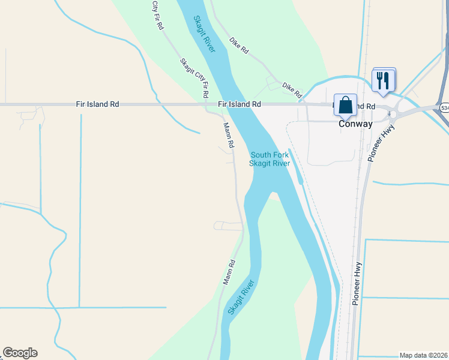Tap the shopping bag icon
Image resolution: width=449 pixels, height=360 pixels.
(345, 105)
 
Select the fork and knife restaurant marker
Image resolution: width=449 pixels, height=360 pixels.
(383, 79)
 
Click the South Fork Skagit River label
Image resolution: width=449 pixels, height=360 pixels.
(270, 159)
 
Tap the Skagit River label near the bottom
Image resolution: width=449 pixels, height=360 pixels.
(241, 298)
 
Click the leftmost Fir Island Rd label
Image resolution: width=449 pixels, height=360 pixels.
(97, 104)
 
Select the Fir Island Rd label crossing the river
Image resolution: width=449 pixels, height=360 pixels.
(240, 104)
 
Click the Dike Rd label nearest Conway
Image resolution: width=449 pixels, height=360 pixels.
(292, 90)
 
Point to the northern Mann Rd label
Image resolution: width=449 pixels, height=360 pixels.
(228, 136)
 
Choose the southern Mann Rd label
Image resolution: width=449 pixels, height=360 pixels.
(228, 272)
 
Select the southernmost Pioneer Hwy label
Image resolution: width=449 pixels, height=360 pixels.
(358, 282)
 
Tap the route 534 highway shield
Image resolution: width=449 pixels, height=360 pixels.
(444, 108)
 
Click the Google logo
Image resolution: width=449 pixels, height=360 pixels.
(20, 353)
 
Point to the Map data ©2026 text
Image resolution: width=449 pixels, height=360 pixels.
(423, 355)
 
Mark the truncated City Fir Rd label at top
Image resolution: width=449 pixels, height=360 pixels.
(157, 15)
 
